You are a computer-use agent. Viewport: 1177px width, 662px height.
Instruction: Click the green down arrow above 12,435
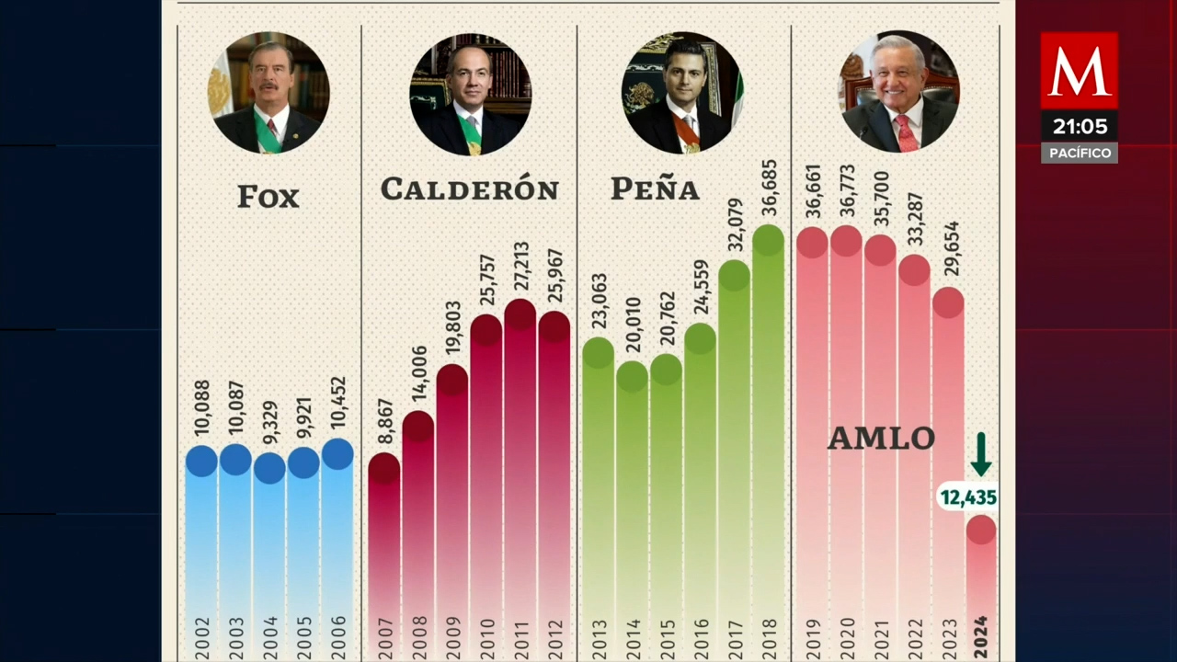(981, 454)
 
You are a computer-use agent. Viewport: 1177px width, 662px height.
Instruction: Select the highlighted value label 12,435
(968, 497)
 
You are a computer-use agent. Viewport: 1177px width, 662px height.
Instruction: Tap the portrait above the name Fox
(269, 93)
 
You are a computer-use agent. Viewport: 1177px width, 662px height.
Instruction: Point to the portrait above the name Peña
(683, 93)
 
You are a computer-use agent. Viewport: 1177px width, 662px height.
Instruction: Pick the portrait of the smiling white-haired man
(898, 93)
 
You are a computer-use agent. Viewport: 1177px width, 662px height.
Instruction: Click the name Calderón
(470, 189)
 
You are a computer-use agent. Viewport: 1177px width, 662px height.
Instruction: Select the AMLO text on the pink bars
(881, 439)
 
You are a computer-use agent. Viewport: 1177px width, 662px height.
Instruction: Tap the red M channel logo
(1079, 71)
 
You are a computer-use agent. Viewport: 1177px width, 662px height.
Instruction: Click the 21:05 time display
(1079, 126)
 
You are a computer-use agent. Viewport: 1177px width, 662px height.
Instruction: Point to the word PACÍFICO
(1079, 153)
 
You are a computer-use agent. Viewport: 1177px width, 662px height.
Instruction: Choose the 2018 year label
(770, 637)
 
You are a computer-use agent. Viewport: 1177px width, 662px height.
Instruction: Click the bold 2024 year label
(980, 637)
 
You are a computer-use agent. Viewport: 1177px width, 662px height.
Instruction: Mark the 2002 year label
(202, 637)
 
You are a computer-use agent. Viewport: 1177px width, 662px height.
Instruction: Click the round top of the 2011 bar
(520, 314)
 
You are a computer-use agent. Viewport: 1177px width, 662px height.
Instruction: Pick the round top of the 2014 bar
(632, 376)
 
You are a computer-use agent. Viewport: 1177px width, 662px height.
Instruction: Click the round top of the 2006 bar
(337, 453)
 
